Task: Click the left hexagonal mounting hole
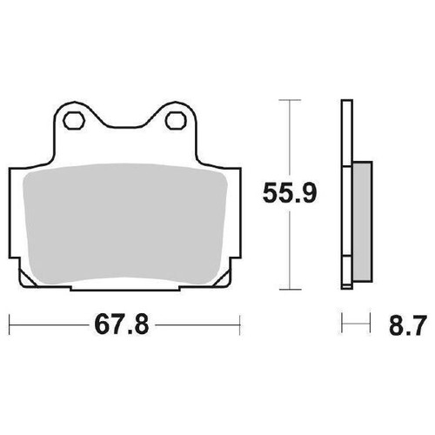click(x=73, y=119)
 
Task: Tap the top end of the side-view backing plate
click(x=347, y=104)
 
